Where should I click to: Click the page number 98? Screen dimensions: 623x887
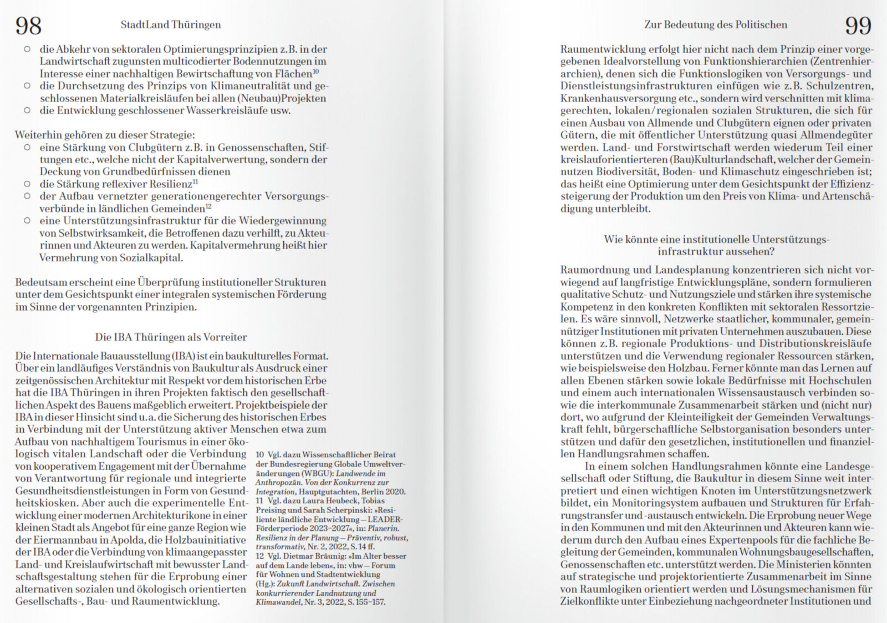pos(28,26)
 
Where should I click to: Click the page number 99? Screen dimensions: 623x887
pos(858,26)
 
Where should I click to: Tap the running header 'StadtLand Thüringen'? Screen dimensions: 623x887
pos(171,25)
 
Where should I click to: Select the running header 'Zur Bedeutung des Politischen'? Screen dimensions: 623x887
pos(715,25)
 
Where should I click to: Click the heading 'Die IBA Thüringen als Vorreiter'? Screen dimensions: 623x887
pos(171,337)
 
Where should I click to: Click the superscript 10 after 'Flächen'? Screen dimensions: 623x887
pos(315,71)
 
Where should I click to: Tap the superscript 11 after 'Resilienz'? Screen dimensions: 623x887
pos(195,181)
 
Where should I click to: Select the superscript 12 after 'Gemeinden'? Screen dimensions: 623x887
pos(208,206)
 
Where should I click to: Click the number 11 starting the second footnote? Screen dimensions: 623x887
pos(259,501)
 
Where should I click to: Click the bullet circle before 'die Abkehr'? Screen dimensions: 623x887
pos(27,49)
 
